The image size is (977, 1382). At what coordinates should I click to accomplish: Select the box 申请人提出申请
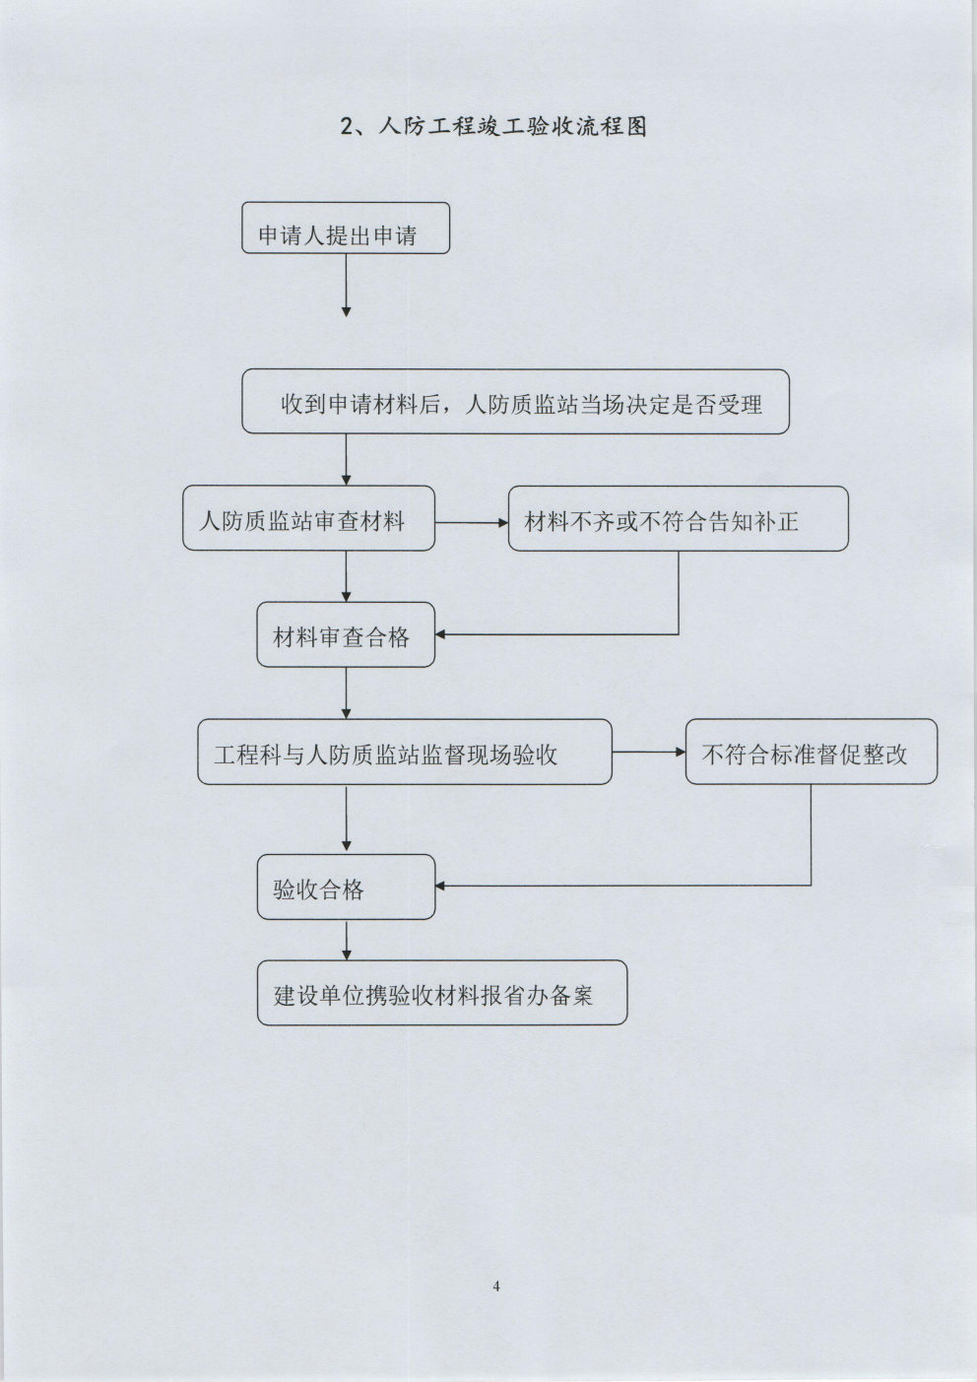(346, 229)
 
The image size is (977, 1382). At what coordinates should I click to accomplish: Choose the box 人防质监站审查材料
(308, 518)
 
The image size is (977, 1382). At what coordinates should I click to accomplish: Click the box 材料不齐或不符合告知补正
(678, 518)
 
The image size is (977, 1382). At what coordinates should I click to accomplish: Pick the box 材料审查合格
(346, 635)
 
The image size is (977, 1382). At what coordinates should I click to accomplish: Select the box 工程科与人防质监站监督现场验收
(404, 753)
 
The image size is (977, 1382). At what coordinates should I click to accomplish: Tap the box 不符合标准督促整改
(811, 753)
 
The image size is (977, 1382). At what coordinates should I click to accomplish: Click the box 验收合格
(346, 888)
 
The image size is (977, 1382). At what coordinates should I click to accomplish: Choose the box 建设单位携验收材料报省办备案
(441, 993)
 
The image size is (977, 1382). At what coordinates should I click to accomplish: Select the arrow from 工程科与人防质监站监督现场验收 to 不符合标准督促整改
(648, 753)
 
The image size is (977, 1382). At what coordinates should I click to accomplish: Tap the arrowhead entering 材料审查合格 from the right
(442, 634)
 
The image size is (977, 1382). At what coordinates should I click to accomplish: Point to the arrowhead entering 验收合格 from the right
(442, 887)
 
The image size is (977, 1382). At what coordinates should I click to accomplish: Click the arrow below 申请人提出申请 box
(346, 285)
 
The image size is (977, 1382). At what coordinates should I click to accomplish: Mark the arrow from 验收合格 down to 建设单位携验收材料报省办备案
(346, 940)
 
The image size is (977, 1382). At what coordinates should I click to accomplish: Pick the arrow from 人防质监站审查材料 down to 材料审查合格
(346, 575)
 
